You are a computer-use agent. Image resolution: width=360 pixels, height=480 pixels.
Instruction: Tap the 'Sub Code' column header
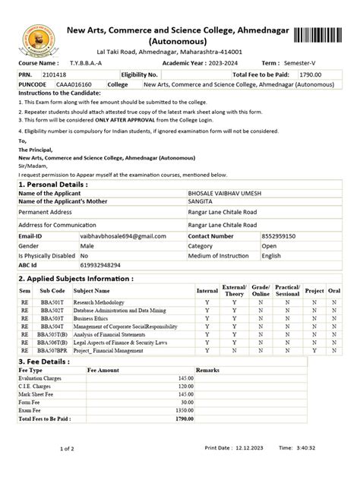[x=52, y=290]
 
